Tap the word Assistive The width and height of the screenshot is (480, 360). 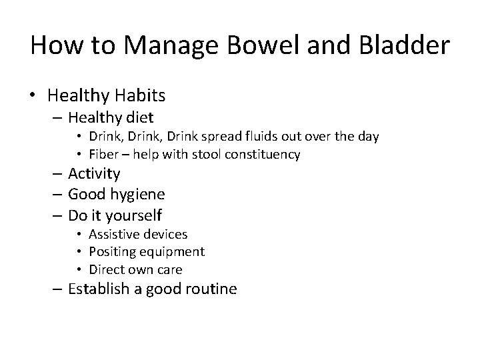click(x=115, y=234)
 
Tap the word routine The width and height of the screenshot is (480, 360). click(x=210, y=290)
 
